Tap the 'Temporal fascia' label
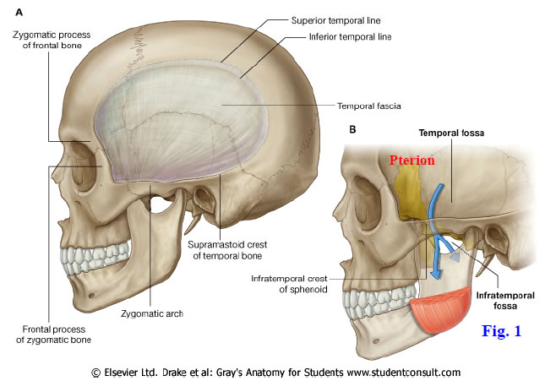coord(370,106)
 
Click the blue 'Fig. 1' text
coord(501,330)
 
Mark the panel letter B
coord(352,130)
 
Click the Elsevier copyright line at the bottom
coord(280,373)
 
